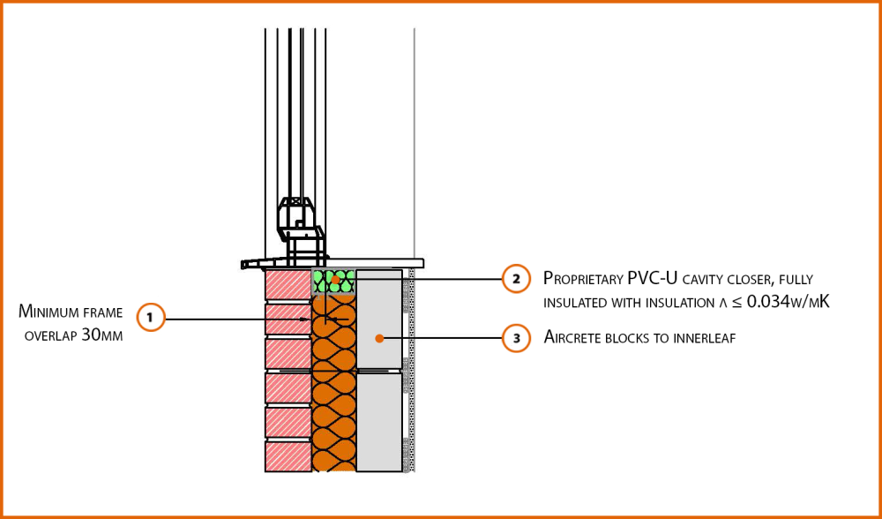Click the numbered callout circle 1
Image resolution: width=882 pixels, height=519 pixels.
point(150,318)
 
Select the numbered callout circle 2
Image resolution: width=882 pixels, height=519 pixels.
point(516,278)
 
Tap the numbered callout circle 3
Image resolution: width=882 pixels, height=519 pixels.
point(516,338)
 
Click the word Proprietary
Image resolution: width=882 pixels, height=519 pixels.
point(581,279)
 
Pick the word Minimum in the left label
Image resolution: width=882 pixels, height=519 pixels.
point(51,311)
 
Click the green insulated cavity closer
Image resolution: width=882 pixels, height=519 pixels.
point(333,282)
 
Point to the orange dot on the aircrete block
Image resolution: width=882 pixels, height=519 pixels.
point(379,338)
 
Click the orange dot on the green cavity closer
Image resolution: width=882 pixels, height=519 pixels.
point(335,279)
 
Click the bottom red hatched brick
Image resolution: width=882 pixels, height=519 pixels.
point(288,456)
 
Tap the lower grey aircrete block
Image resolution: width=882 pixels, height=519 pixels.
point(379,422)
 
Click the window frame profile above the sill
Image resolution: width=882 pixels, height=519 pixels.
point(302,229)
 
